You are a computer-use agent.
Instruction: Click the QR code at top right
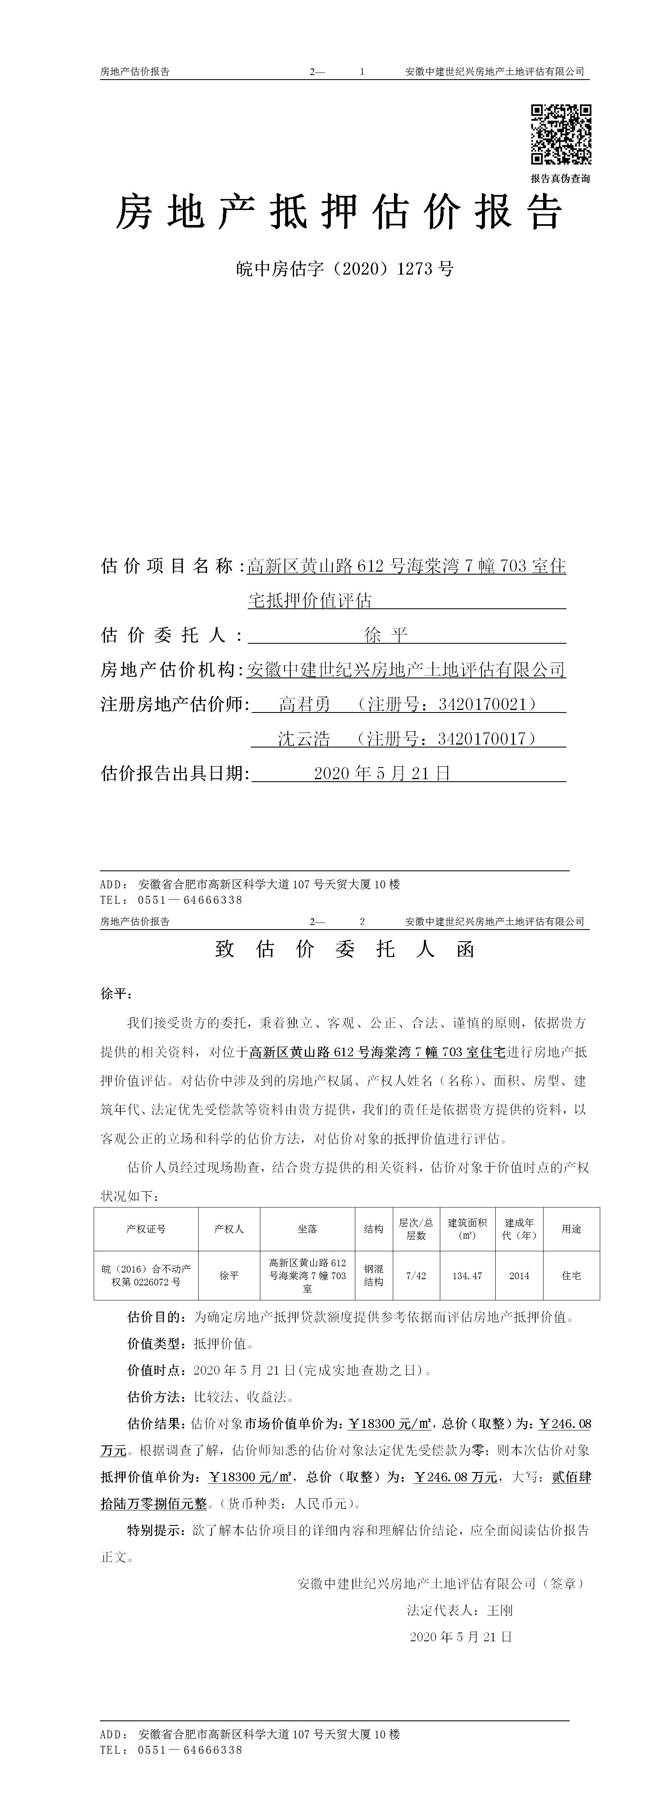click(x=561, y=134)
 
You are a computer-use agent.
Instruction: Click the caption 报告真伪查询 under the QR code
click(x=560, y=179)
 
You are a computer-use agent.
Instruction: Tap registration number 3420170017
click(x=482, y=739)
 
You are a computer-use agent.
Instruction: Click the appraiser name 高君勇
click(x=304, y=705)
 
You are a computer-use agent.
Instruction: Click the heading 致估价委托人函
click(x=344, y=949)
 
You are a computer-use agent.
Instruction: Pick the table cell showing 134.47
click(x=467, y=1275)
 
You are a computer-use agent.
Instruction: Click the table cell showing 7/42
click(x=416, y=1275)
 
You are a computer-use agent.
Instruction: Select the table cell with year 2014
click(x=519, y=1275)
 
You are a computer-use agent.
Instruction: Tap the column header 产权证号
click(x=146, y=1229)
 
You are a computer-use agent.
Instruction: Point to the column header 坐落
click(x=307, y=1229)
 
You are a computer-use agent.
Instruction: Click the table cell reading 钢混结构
click(x=374, y=1275)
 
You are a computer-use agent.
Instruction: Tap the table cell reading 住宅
click(x=571, y=1275)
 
